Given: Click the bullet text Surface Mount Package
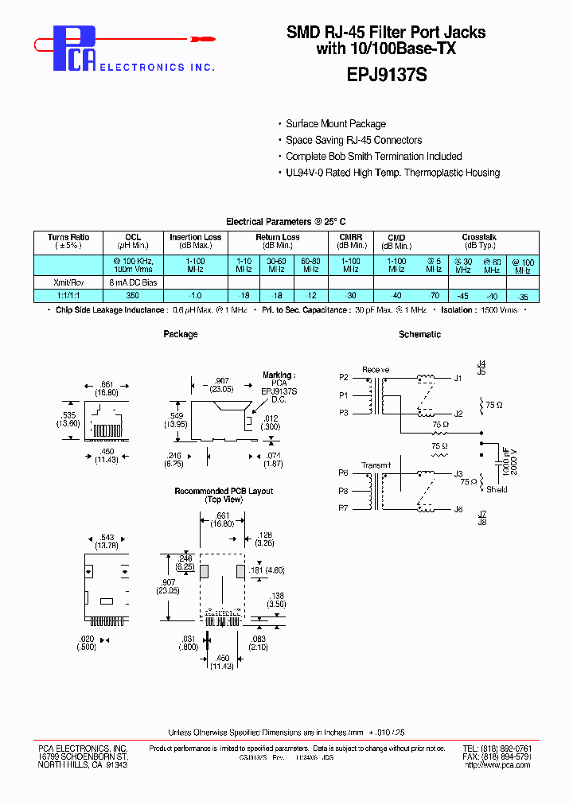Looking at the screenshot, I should [x=336, y=124].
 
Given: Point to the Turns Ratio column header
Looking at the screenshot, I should [x=68, y=237].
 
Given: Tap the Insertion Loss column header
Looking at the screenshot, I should [x=195, y=237].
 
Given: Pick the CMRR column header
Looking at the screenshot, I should [x=350, y=237].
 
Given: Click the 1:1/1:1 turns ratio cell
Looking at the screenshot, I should [x=68, y=295].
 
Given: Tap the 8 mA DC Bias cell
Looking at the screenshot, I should [x=132, y=282].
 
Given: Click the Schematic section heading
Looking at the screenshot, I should [x=419, y=335].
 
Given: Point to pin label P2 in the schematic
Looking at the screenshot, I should [x=344, y=377].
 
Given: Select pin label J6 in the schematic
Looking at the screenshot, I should [x=458, y=509].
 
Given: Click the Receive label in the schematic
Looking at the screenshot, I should [x=376, y=370].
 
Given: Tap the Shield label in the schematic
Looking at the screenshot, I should [x=497, y=490].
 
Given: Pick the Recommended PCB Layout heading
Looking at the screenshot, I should [x=224, y=492].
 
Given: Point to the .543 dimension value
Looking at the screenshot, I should [x=106, y=539].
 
